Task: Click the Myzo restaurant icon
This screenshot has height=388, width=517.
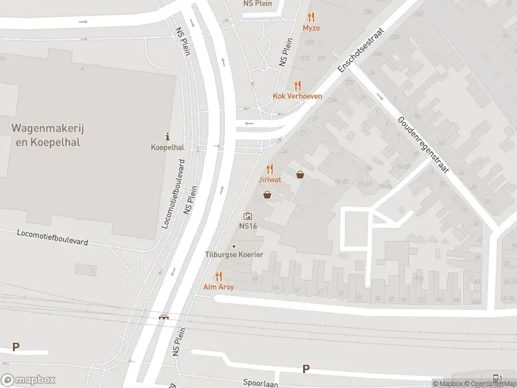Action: coord(311,17)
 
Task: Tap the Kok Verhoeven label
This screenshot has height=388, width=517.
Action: coord(297,96)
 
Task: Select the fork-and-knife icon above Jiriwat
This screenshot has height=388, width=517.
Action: coord(270,169)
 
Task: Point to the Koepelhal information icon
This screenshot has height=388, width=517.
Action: coord(168,136)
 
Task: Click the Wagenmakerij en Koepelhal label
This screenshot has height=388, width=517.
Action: coord(47,135)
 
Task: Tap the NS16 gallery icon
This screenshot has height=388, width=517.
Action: coord(248,217)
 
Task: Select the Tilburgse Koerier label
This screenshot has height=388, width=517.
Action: coord(234,254)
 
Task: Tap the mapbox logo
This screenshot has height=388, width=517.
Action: coord(28,380)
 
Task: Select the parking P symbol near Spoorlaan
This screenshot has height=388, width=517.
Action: coord(306,369)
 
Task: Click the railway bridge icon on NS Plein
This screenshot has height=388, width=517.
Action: coord(164,317)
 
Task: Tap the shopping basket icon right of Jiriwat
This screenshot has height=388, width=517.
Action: coord(300,175)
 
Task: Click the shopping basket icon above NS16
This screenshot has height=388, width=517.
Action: coord(266,195)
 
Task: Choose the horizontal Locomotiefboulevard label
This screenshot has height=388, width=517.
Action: coord(52,237)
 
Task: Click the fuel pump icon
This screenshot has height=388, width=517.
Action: coord(496,378)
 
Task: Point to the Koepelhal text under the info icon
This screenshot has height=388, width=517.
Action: coord(167,147)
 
